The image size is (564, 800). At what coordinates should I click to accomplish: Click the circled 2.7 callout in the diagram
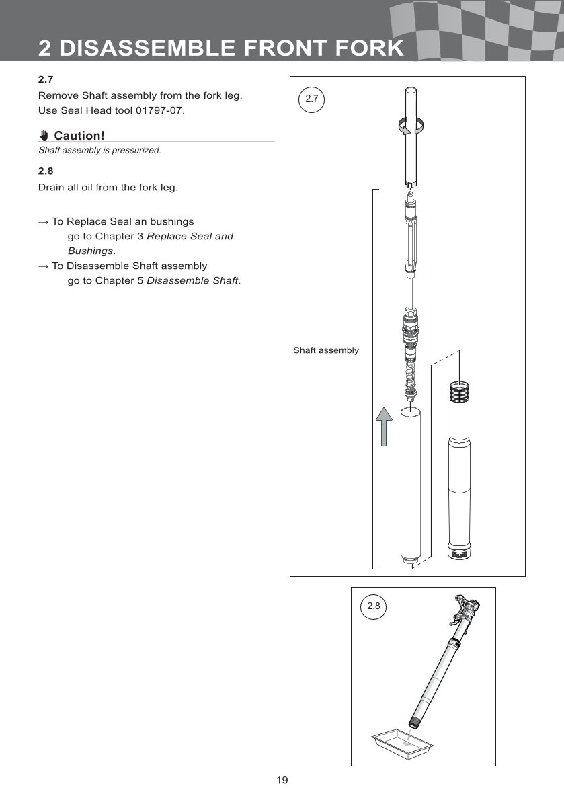coord(311,99)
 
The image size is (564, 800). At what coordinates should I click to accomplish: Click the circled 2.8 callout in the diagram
coord(373,606)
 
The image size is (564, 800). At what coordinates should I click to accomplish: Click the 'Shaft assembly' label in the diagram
coord(326,350)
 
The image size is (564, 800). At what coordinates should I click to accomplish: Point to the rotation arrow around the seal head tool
coord(411,125)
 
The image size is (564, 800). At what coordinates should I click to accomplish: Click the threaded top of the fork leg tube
coord(460,389)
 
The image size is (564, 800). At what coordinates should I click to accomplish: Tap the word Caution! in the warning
coord(79,136)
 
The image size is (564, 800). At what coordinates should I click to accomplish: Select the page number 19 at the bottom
coord(282,781)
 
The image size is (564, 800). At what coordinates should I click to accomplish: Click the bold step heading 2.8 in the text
coord(45,171)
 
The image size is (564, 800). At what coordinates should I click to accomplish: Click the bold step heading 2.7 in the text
coord(45,79)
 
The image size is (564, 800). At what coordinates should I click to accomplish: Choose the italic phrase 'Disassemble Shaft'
coord(192,280)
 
